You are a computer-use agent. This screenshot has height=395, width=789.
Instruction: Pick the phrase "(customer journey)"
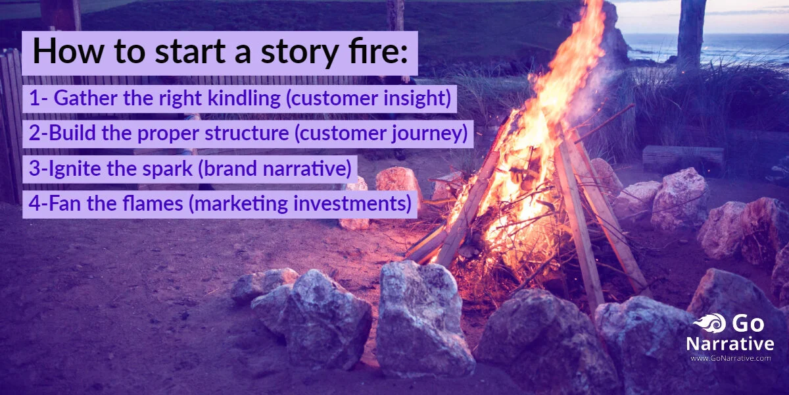coord(381,134)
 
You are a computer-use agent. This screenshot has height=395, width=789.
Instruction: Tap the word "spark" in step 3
coord(165,169)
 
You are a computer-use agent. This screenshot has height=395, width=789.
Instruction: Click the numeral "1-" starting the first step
coord(37,99)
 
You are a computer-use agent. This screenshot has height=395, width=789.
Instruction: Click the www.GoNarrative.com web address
coord(730,359)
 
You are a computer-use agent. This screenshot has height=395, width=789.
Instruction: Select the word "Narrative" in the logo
coord(730,344)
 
